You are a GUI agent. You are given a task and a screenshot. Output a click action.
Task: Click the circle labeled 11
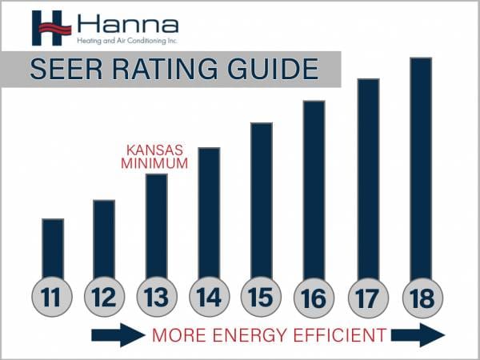(x=52, y=298)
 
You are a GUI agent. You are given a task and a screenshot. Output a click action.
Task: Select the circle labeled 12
(x=104, y=298)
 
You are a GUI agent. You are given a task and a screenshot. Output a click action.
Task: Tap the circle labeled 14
(x=209, y=298)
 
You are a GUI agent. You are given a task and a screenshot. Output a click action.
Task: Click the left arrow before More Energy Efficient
(x=118, y=334)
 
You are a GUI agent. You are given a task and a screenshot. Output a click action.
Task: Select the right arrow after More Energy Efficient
(x=418, y=334)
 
